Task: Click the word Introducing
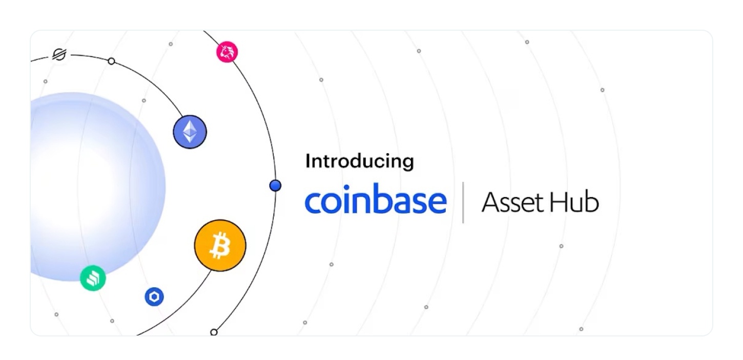click(x=360, y=162)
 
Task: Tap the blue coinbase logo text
click(x=376, y=198)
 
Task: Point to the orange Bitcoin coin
click(x=220, y=245)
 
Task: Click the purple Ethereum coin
click(x=190, y=132)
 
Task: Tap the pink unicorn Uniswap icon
click(x=227, y=52)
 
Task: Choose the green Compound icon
click(x=93, y=278)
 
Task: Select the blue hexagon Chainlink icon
click(x=154, y=297)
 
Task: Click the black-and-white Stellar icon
click(x=60, y=54)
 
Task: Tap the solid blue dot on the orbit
click(x=275, y=186)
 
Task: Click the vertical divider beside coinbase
click(x=463, y=202)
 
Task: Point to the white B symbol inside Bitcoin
click(x=220, y=245)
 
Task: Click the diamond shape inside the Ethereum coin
click(x=190, y=132)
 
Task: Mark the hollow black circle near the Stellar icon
click(x=112, y=61)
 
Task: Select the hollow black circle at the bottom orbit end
click(x=214, y=332)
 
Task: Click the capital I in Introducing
click(x=307, y=161)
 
